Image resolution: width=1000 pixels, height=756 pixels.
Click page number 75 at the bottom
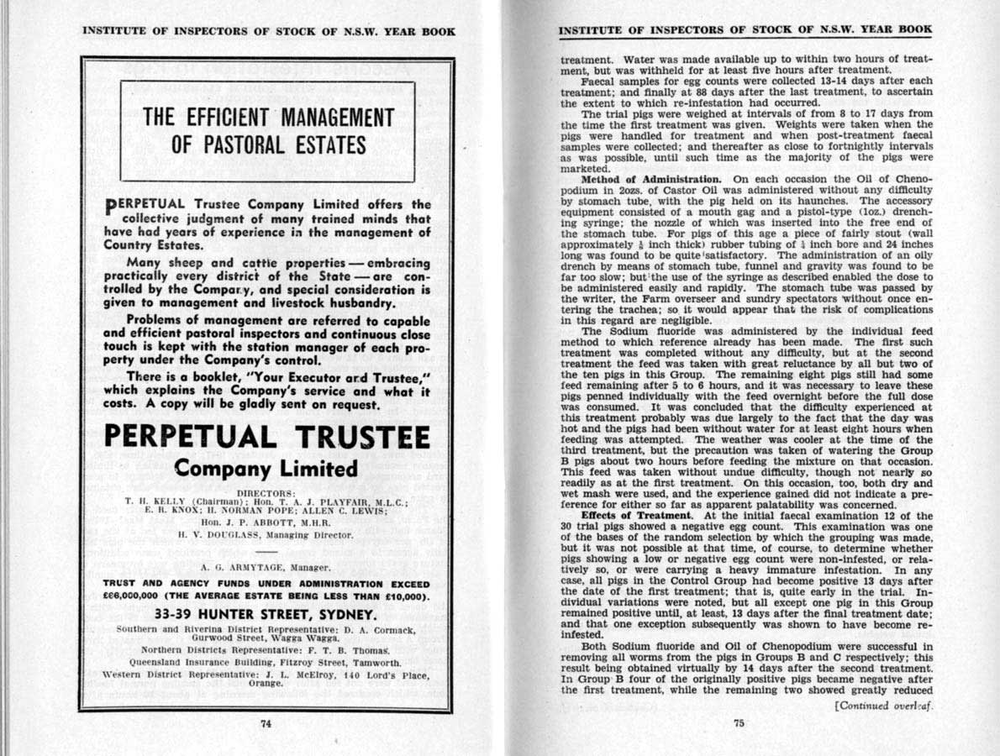(x=739, y=727)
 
